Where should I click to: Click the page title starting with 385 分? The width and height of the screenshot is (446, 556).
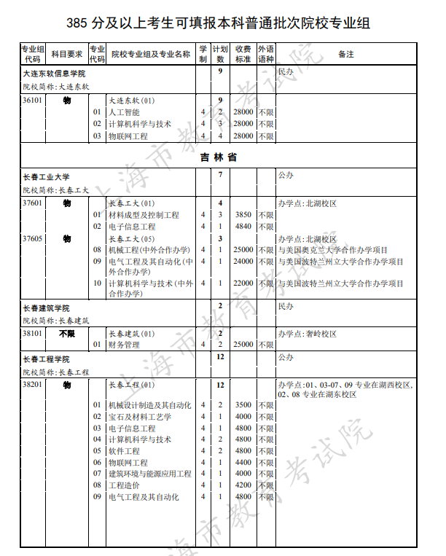pyautogui.click(x=218, y=23)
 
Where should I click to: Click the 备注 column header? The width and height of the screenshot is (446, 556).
pyautogui.click(x=346, y=55)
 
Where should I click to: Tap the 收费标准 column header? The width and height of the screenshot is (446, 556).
pyautogui.click(x=243, y=55)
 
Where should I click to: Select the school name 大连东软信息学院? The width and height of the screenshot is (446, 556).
pyautogui.click(x=55, y=74)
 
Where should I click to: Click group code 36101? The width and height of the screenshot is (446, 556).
pyautogui.click(x=32, y=100)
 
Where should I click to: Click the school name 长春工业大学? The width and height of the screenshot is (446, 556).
pyautogui.click(x=47, y=177)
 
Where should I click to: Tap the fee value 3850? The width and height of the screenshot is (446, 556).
pyautogui.click(x=243, y=215)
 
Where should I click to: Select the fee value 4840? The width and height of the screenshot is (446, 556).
pyautogui.click(x=243, y=227)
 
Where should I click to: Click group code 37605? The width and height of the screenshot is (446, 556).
pyautogui.click(x=32, y=238)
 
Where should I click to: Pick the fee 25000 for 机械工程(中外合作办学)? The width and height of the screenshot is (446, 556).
pyautogui.click(x=243, y=250)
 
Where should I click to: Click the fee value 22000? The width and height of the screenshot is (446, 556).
pyautogui.click(x=243, y=283)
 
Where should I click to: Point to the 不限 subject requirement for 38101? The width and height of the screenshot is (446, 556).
pyautogui.click(x=67, y=333)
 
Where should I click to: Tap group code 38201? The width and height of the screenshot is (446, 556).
pyautogui.click(x=32, y=384)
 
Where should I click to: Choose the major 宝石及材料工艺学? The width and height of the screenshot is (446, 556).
pyautogui.click(x=140, y=417)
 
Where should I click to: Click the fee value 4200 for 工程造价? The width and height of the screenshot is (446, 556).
pyautogui.click(x=243, y=485)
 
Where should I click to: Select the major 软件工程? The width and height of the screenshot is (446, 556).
pyautogui.click(x=123, y=451)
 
